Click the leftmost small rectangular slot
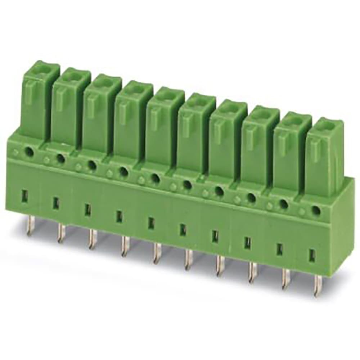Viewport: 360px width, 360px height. coord(24,197)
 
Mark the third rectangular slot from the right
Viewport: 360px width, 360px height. coord(247,243)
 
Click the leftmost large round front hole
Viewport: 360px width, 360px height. coord(30,153)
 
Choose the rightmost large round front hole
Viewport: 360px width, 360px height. coord(316,211)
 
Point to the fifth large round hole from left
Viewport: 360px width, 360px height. coord(155,178)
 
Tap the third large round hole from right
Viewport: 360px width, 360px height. coord(251,198)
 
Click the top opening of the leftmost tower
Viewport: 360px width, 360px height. coord(42,68)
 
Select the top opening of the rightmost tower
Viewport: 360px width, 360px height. coord(327,126)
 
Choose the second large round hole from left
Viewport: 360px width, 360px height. coord(61,158)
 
